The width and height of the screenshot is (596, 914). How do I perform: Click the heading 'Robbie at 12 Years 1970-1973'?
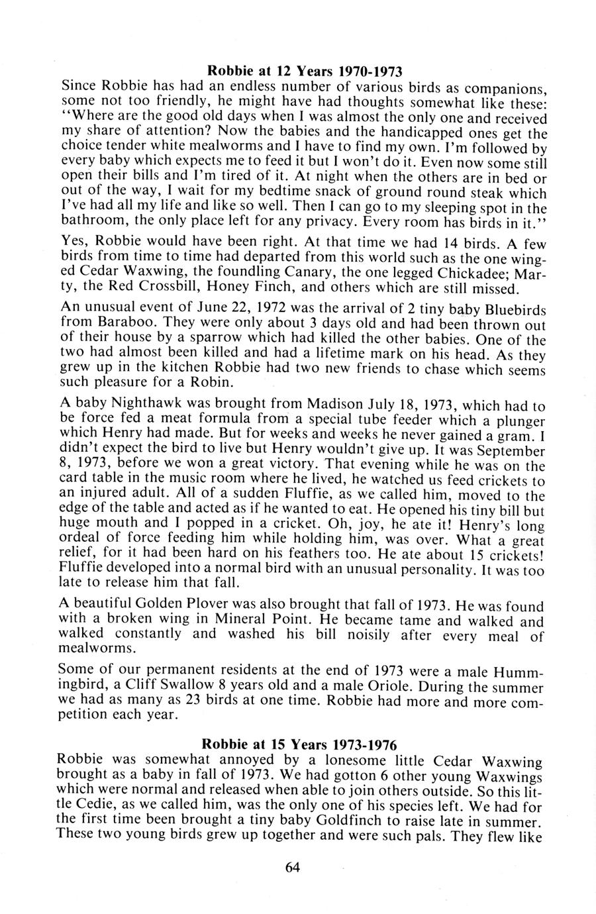[x=305, y=70]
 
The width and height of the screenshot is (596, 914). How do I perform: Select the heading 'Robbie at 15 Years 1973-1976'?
[x=305, y=742]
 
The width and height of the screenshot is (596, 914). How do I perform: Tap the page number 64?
[x=293, y=867]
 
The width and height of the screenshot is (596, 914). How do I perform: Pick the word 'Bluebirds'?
[x=515, y=309]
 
